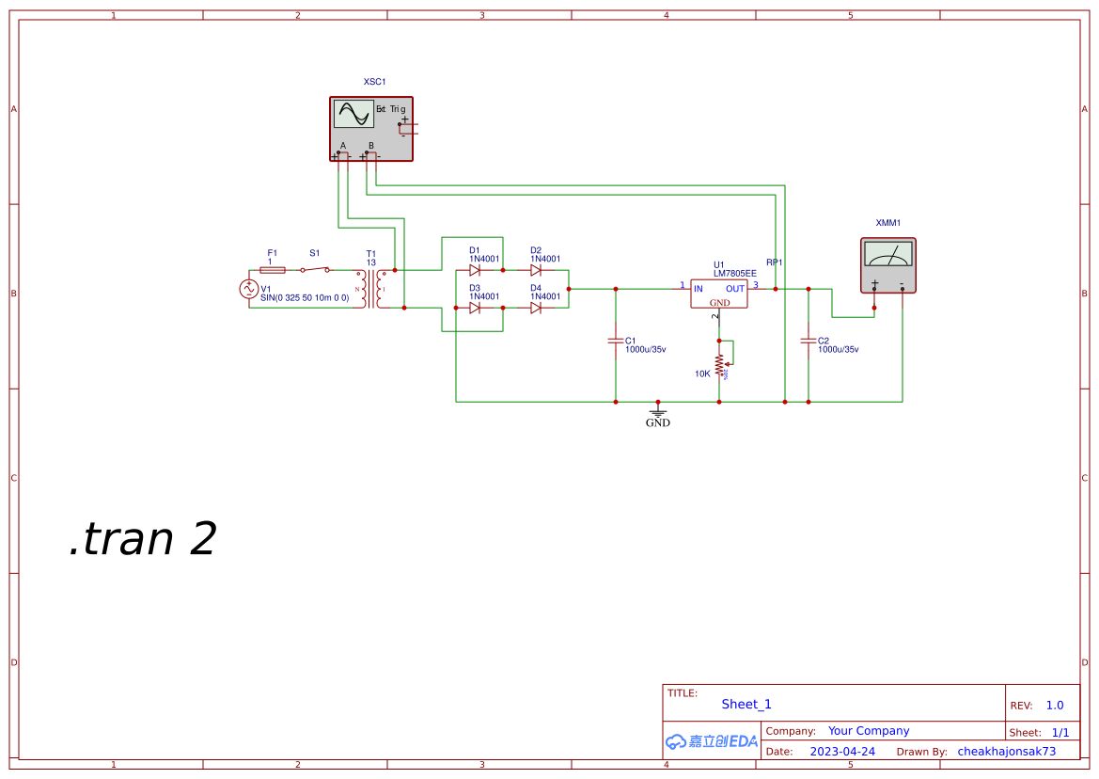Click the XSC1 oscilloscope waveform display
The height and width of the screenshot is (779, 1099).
pyautogui.click(x=353, y=114)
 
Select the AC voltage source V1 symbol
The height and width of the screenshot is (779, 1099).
pyautogui.click(x=250, y=289)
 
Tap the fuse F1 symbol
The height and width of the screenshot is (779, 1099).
pyautogui.click(x=272, y=269)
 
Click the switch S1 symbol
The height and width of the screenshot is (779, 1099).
pyautogui.click(x=315, y=269)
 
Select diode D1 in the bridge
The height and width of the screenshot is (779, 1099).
pyautogui.click(x=475, y=270)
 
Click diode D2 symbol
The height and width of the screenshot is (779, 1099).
pyautogui.click(x=536, y=270)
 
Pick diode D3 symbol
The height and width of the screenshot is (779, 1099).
pyautogui.click(x=475, y=308)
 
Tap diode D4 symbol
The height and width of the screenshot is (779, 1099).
pyautogui.click(x=536, y=308)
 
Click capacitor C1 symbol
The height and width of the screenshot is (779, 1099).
pyautogui.click(x=616, y=341)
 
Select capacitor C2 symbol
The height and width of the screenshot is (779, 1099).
pyautogui.click(x=809, y=341)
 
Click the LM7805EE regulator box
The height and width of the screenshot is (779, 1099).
pyautogui.click(x=719, y=294)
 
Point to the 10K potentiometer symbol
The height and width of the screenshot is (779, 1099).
pyautogui.click(x=720, y=365)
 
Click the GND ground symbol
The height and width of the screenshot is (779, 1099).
pyautogui.click(x=658, y=412)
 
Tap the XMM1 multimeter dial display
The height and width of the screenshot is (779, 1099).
pyautogui.click(x=887, y=255)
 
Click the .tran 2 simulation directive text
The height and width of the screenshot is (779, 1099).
pyautogui.click(x=143, y=539)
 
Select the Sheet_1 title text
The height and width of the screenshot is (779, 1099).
pyautogui.click(x=746, y=704)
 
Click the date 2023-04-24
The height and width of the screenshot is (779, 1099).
pyautogui.click(x=842, y=752)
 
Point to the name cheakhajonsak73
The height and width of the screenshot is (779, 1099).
pyautogui.click(x=1007, y=752)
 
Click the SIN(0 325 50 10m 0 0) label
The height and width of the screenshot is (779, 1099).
pyautogui.click(x=305, y=297)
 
